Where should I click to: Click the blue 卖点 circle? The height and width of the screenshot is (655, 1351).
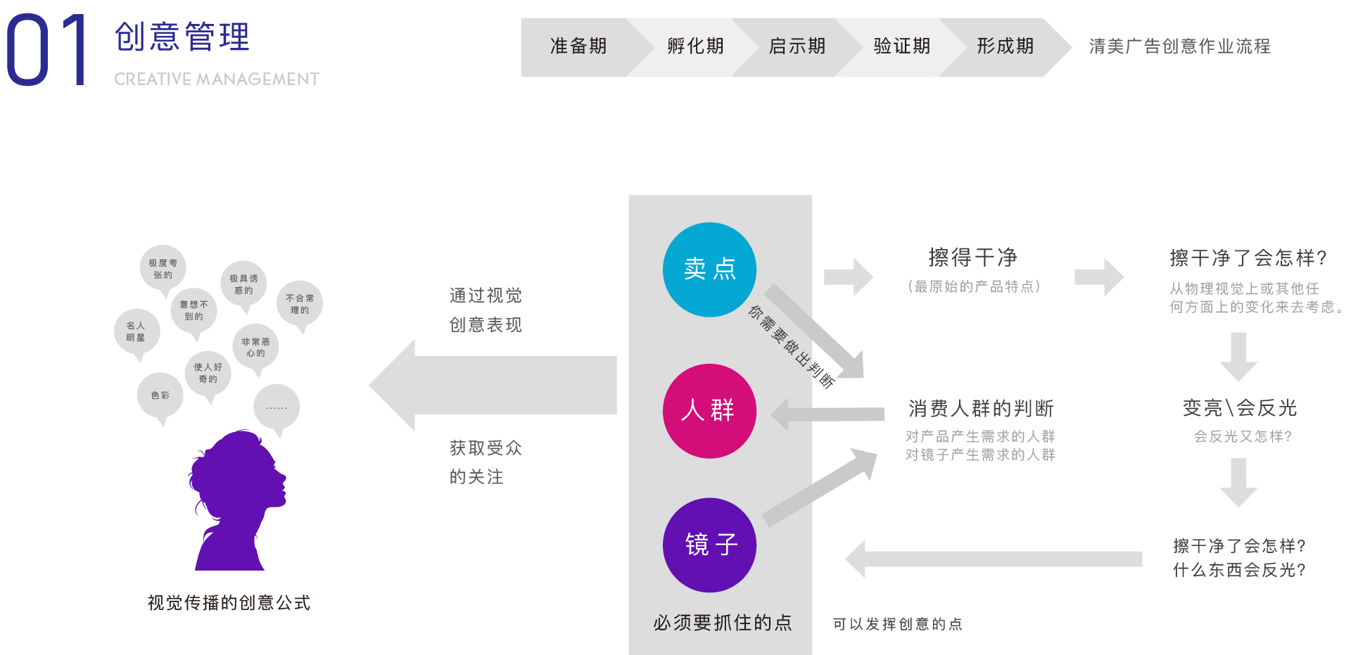709,269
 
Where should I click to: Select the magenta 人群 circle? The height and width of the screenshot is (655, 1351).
709,411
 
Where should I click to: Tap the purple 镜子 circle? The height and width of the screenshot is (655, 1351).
709,545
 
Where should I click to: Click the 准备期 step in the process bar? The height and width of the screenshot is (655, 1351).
578,46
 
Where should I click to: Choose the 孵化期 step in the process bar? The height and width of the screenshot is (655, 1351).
695,46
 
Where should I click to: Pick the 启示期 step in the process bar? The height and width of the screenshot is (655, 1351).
797,46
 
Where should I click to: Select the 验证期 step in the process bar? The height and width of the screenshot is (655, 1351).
901,46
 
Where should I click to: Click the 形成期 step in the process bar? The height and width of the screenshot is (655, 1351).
1005,46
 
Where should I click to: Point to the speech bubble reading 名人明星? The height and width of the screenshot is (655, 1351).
137,331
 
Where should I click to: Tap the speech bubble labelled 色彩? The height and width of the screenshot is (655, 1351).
160,395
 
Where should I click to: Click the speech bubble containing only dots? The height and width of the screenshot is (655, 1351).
277,407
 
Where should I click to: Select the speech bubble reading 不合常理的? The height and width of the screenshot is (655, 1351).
300,304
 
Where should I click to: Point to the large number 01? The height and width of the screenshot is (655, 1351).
46,51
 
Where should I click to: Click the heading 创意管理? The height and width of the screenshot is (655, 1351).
182,37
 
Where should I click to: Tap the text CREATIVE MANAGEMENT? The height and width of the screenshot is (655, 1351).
217,79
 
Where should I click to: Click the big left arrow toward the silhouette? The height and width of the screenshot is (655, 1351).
493,385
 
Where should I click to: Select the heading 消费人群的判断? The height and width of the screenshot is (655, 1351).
981,408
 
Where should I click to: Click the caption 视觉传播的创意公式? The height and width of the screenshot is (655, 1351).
229,603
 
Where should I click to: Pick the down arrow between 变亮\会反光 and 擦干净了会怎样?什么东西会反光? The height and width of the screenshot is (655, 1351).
1238,482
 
